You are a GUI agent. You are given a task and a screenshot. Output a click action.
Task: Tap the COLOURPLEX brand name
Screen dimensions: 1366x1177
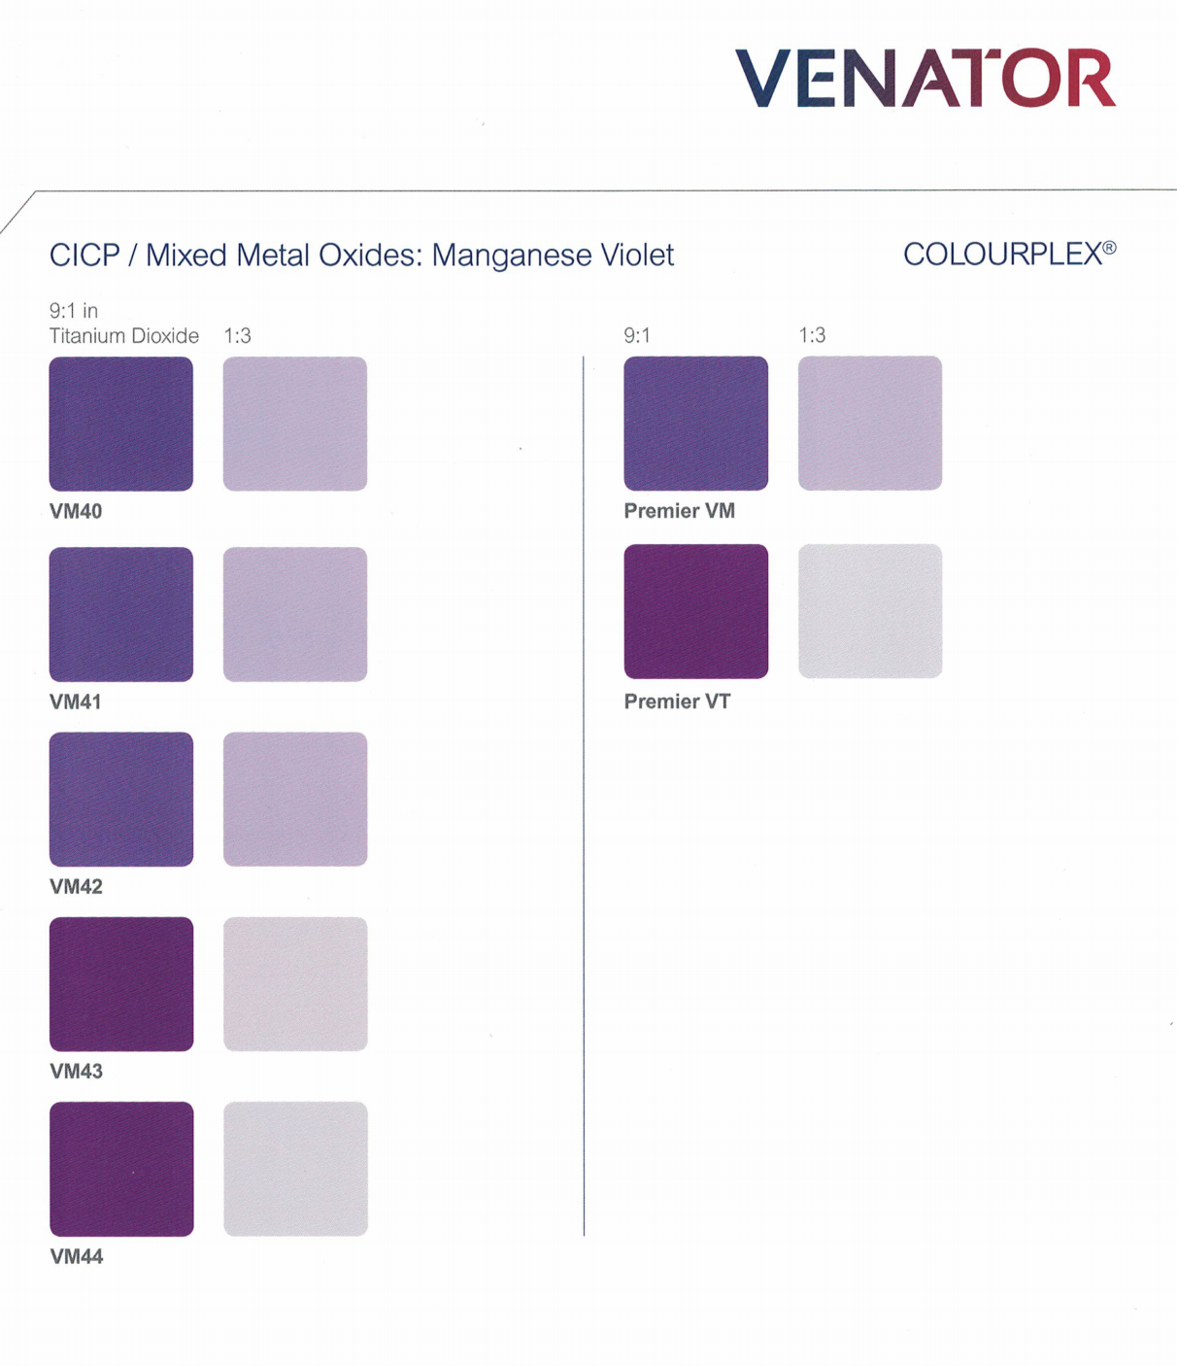[x=1008, y=255]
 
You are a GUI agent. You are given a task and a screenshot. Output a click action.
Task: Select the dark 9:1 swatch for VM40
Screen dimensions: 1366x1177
[x=121, y=424]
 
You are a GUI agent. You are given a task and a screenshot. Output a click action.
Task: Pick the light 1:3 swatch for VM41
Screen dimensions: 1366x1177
[x=295, y=614]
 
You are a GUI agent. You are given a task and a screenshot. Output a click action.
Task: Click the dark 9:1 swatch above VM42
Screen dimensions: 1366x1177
[x=121, y=799]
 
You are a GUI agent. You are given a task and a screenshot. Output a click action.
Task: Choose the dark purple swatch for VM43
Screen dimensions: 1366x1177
[x=121, y=983]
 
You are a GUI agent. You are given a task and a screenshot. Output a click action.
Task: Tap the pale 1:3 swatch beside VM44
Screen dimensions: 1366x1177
[x=295, y=1169]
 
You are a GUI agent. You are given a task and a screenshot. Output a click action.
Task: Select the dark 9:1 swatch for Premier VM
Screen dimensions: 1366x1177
[x=695, y=423]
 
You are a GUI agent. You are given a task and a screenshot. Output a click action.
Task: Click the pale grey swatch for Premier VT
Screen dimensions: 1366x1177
[x=870, y=611]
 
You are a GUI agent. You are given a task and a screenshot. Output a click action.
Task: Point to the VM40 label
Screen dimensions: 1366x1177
[x=76, y=511]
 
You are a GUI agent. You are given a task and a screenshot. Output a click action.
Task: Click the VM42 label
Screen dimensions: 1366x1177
[x=76, y=886]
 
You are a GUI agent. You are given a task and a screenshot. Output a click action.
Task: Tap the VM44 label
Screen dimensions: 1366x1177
[x=76, y=1256]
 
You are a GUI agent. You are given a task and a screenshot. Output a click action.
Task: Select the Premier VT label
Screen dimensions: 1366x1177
[x=677, y=701]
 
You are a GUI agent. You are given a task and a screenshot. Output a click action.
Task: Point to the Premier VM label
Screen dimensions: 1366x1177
[x=679, y=511]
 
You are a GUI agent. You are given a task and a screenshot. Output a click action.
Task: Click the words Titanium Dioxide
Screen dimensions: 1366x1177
[x=124, y=336]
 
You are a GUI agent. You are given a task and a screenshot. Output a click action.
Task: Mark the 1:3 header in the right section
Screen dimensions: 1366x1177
[x=812, y=336]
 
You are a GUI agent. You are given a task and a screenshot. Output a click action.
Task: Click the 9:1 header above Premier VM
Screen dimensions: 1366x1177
[x=637, y=336]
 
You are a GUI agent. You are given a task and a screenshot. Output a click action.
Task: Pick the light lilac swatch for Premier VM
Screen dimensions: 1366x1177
[x=870, y=423]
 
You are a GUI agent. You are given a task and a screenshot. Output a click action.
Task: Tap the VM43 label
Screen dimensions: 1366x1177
[x=76, y=1071]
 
